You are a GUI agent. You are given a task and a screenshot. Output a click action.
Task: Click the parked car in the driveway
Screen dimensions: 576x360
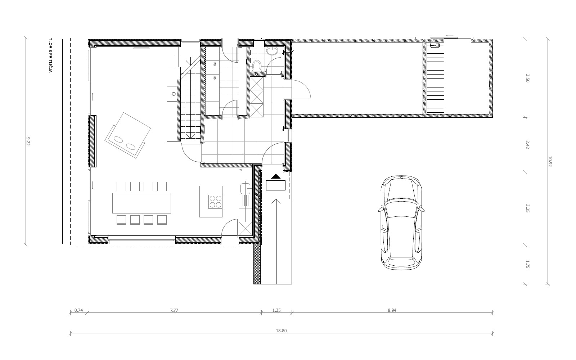tap(401, 223)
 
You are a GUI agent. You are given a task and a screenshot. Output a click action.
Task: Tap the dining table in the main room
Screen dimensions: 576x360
tap(141, 203)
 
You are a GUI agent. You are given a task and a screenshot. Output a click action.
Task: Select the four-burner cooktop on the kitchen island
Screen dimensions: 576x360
tap(216, 202)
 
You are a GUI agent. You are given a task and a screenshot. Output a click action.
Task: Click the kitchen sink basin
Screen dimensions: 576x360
tap(245, 189)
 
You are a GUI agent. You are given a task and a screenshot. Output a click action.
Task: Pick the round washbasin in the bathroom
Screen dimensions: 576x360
tap(272, 51)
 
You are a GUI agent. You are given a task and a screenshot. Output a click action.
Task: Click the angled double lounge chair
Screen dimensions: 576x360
tap(127, 135)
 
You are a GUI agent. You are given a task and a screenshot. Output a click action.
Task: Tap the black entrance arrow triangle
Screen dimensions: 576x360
tap(276, 176)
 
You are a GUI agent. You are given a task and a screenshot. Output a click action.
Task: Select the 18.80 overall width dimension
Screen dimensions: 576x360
tap(281, 331)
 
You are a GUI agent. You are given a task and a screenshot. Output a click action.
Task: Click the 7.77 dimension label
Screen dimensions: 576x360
tap(174, 310)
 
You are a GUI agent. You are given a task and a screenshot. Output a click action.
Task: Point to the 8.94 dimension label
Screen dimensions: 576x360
tap(392, 310)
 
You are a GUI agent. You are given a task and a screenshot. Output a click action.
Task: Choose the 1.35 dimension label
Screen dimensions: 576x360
tap(276, 310)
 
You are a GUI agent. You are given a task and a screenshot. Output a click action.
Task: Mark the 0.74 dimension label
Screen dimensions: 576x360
tap(79, 310)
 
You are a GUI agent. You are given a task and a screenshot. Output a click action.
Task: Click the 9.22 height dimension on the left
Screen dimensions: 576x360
tap(28, 141)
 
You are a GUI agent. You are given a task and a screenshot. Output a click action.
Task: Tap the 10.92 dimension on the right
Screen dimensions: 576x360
tap(550, 162)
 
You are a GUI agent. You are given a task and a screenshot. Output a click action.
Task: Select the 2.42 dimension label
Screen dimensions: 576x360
tap(528, 144)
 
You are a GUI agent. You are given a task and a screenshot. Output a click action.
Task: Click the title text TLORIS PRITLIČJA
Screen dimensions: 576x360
tap(50, 55)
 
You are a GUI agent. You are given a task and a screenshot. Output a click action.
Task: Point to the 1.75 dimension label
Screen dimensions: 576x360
tap(528, 265)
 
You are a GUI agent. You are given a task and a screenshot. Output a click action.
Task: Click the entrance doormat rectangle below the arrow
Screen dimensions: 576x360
tap(276, 185)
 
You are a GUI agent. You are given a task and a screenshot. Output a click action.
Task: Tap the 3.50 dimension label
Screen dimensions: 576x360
tap(528, 78)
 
